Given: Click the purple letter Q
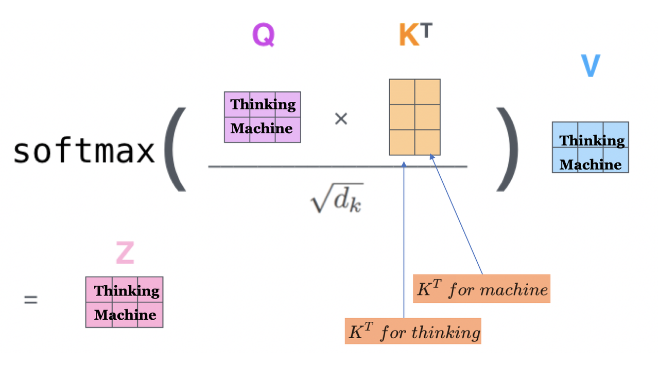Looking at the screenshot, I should (x=263, y=35).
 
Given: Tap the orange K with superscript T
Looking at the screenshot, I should (x=415, y=35).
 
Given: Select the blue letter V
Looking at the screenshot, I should (x=590, y=65).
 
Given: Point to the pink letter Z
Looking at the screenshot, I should (x=125, y=253).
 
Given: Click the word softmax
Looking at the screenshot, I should (x=84, y=151).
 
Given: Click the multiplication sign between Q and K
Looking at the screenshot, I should (x=341, y=119).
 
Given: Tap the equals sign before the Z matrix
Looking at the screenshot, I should (x=31, y=300).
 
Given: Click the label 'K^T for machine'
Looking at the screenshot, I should (x=482, y=289).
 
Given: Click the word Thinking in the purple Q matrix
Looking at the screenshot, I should (x=263, y=104).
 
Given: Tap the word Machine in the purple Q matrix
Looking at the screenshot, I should (x=262, y=129).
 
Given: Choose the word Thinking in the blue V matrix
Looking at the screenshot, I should (x=592, y=140).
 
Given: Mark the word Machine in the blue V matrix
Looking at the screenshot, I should (x=591, y=164).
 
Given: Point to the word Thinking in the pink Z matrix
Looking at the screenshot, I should (x=127, y=291).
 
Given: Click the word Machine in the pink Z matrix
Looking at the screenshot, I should (x=125, y=315).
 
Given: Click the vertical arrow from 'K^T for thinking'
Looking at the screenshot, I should (x=404, y=242).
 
